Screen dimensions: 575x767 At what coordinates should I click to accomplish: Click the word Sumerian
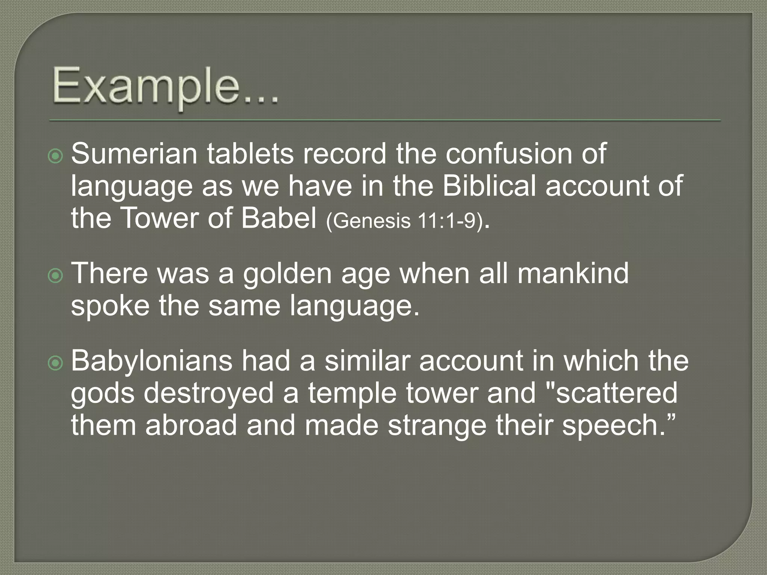click(134, 154)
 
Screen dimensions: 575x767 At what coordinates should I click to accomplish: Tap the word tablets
click(250, 154)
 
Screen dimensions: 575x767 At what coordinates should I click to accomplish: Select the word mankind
click(573, 273)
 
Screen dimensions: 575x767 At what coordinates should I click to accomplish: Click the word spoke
click(110, 306)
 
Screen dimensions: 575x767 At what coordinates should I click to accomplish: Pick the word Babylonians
click(152, 362)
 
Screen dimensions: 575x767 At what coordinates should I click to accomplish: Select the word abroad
click(191, 426)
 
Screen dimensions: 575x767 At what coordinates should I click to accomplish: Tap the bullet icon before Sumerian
click(56, 156)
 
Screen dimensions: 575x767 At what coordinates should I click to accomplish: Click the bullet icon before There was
click(56, 276)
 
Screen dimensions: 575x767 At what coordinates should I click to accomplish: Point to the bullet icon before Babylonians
click(56, 363)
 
